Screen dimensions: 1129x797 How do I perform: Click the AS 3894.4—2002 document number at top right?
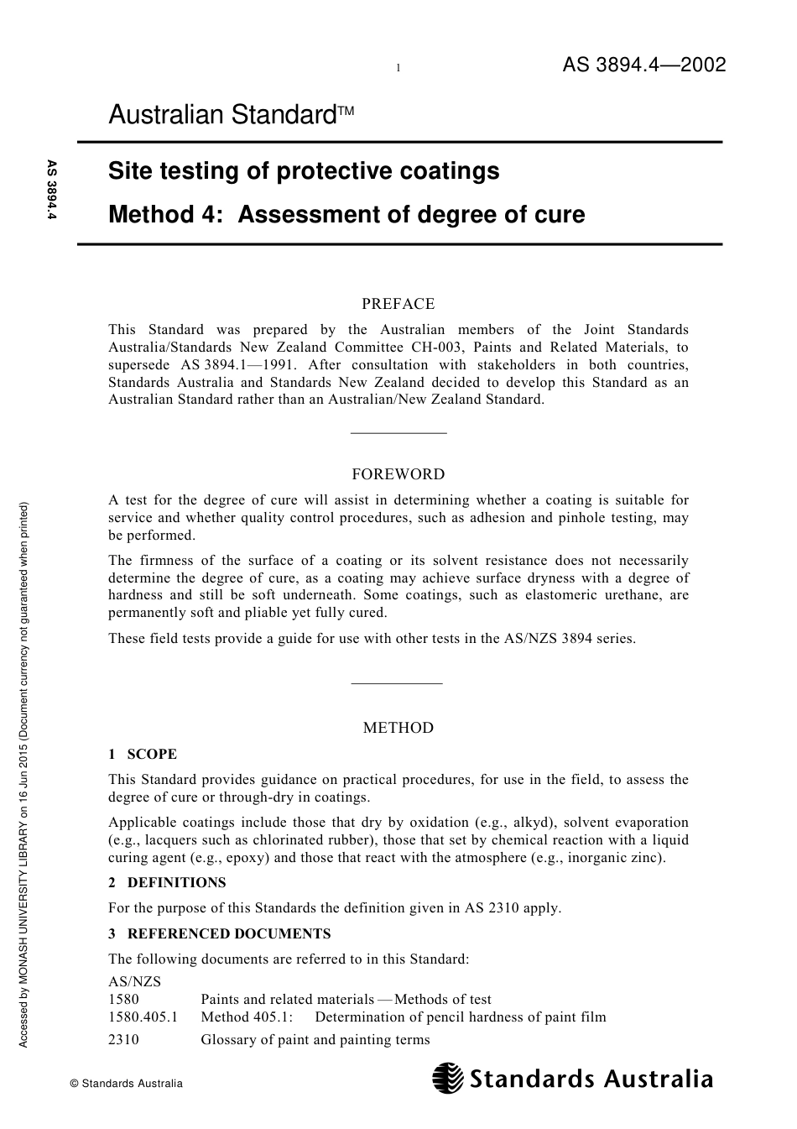click(643, 65)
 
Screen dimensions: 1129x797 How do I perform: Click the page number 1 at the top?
click(398, 68)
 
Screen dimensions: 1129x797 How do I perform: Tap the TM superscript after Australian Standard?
click(347, 110)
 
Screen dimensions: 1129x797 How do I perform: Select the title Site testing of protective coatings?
click(304, 171)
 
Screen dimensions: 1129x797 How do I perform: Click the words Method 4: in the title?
click(165, 215)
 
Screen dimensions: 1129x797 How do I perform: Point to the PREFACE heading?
click(398, 304)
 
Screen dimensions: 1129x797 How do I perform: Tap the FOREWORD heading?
click(398, 474)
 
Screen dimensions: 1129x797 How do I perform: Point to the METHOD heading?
click(398, 728)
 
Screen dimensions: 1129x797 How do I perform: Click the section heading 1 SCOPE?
click(143, 754)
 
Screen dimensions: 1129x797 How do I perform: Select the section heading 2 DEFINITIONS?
click(167, 882)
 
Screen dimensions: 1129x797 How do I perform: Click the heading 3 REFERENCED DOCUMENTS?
click(219, 933)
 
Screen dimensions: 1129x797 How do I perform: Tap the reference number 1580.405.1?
click(143, 1017)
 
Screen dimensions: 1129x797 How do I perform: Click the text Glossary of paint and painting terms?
click(315, 1040)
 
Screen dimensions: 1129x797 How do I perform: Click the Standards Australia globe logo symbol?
click(448, 1078)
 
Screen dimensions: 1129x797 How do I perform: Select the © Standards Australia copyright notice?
click(126, 1084)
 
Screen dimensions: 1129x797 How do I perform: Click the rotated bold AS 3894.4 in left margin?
click(52, 191)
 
